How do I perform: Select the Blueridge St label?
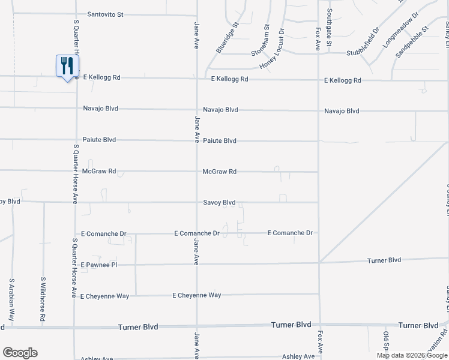pyautogui.click(x=228, y=38)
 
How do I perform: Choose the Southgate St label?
pyautogui.click(x=330, y=27)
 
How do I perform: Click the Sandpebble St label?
pyautogui.click(x=412, y=41)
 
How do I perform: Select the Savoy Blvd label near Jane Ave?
pyautogui.click(x=219, y=203)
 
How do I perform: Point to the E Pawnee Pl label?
pyautogui.click(x=97, y=265)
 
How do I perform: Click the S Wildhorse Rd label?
pyautogui.click(x=43, y=299)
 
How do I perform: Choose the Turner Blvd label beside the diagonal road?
pyautogui.click(x=384, y=260)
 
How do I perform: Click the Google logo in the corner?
pyautogui.click(x=20, y=353)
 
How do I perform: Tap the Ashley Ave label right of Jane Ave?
pyautogui.click(x=298, y=356)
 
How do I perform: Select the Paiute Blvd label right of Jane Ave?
pyautogui.click(x=220, y=141)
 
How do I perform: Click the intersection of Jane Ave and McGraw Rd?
pyautogui.click(x=197, y=172)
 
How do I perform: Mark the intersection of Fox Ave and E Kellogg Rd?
pyautogui.click(x=318, y=80)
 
